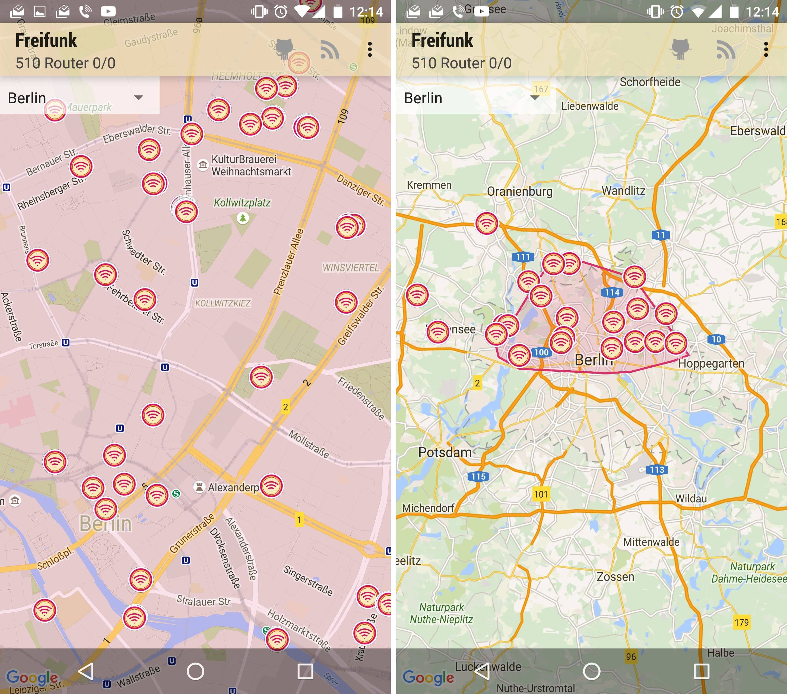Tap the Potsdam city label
[x=445, y=452]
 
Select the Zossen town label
[x=615, y=577]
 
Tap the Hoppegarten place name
[x=711, y=363]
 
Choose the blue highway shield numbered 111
[x=523, y=257]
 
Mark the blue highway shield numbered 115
[x=478, y=476]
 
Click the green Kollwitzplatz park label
[x=242, y=203]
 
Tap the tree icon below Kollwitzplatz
[x=243, y=219]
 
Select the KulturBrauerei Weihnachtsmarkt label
[x=251, y=165]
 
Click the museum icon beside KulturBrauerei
[x=202, y=165]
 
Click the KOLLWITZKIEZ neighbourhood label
[x=223, y=303]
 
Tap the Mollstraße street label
[x=309, y=444]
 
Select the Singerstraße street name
[x=308, y=580]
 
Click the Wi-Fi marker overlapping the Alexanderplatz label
[x=271, y=486]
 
